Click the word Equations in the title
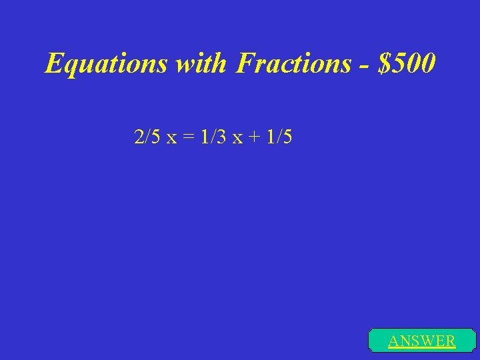pyautogui.click(x=107, y=64)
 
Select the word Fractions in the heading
pyautogui.click(x=294, y=64)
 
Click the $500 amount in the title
pyautogui.click(x=407, y=64)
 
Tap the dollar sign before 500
pyautogui.click(x=383, y=64)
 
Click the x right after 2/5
pyautogui.click(x=172, y=139)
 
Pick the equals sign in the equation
pyautogui.click(x=189, y=139)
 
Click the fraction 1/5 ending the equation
pyautogui.click(x=279, y=138)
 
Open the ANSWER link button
pyautogui.click(x=422, y=341)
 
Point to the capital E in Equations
pyautogui.click(x=53, y=64)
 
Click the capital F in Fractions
pyautogui.click(x=245, y=64)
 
